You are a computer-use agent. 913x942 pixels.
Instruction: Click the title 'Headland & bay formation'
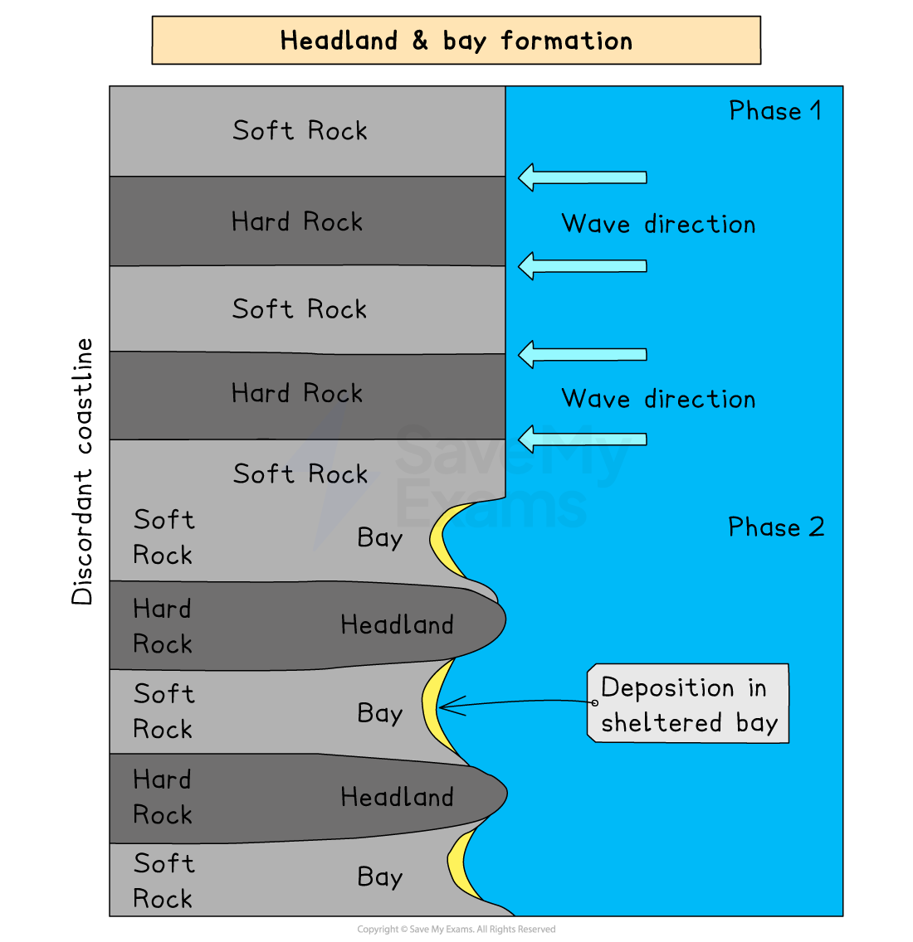[x=456, y=41]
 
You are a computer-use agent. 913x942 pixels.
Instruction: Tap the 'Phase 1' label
[x=774, y=111]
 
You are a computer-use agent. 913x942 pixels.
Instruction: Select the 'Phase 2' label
[x=776, y=527]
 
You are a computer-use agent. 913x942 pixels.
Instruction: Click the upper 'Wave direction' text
[x=658, y=224]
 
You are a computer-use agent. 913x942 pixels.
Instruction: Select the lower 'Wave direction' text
[x=658, y=399]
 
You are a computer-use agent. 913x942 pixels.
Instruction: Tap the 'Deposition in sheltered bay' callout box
[x=688, y=704]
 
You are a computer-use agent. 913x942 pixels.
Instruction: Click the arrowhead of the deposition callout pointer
[x=442, y=707]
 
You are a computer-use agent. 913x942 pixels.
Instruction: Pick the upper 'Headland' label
[x=397, y=624]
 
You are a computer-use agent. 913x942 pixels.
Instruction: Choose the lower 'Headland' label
[x=397, y=797]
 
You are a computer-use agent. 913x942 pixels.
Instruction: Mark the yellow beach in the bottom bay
[x=459, y=865]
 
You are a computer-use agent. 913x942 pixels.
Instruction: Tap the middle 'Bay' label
[x=379, y=713]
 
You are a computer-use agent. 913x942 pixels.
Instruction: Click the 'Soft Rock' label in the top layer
[x=300, y=131]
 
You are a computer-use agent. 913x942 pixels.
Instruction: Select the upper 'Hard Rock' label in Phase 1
[x=297, y=221]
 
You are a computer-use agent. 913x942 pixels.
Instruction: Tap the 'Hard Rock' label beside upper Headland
[x=163, y=626]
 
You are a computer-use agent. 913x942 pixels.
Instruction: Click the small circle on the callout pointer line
[x=594, y=702]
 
